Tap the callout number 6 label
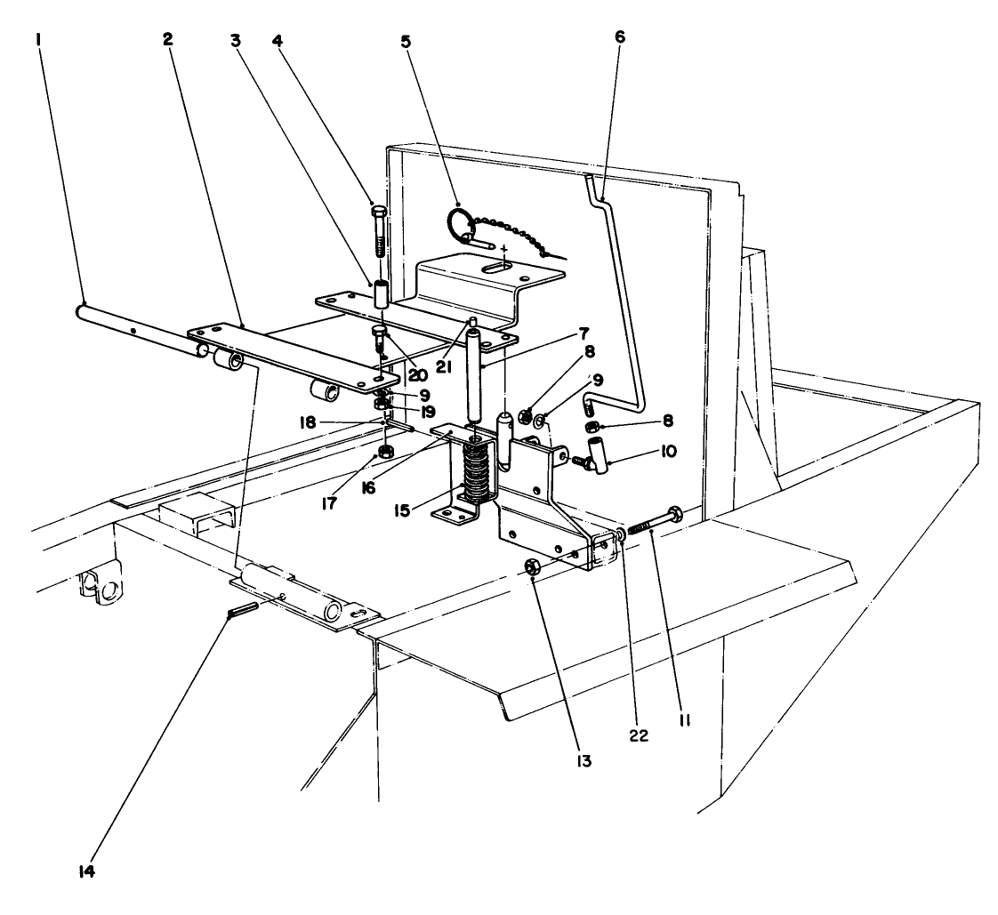click(619, 39)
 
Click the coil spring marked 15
click(478, 473)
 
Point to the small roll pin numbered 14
click(243, 610)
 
